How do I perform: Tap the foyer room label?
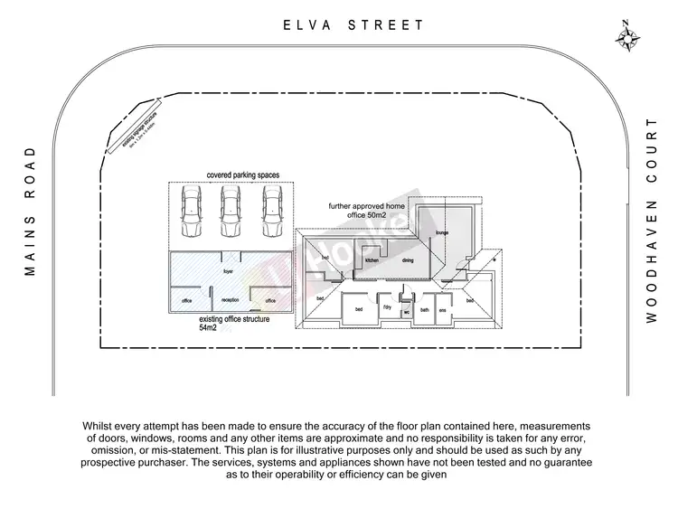(x=230, y=269)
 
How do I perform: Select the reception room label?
(x=230, y=300)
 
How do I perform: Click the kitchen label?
(x=370, y=260)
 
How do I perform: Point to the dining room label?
(x=407, y=260)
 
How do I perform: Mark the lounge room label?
(x=442, y=233)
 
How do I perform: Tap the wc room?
(x=407, y=311)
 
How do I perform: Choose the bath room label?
(x=425, y=309)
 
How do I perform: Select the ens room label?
(x=443, y=309)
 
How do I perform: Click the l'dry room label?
(x=387, y=308)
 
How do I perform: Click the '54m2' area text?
(x=209, y=328)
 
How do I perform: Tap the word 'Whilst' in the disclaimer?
(x=99, y=425)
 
